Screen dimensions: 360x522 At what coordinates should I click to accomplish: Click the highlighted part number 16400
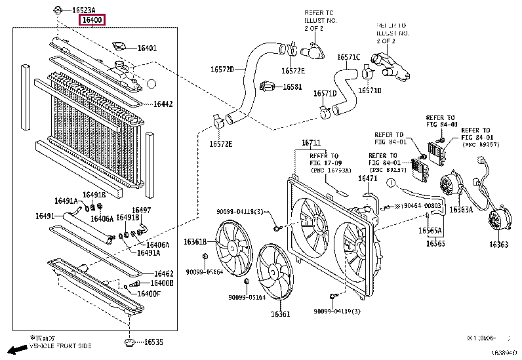tap(91, 20)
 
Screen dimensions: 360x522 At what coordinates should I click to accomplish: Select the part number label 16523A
tap(83, 10)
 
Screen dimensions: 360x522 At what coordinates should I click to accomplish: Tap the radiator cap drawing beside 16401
tap(120, 47)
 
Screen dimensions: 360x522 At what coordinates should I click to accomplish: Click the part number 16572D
tap(222, 69)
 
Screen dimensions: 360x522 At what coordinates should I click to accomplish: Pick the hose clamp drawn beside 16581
tap(267, 86)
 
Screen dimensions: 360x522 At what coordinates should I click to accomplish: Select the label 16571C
tap(349, 57)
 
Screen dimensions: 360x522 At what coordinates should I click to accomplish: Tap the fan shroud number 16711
tap(311, 143)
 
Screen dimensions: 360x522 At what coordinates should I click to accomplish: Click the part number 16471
tap(367, 178)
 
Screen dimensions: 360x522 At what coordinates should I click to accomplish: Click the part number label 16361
tap(281, 314)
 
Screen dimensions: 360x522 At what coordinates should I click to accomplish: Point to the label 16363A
tap(461, 210)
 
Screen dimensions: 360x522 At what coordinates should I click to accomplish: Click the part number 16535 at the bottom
tap(153, 342)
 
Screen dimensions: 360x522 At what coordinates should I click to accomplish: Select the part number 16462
tap(163, 273)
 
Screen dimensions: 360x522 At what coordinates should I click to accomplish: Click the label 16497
tap(142, 210)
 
